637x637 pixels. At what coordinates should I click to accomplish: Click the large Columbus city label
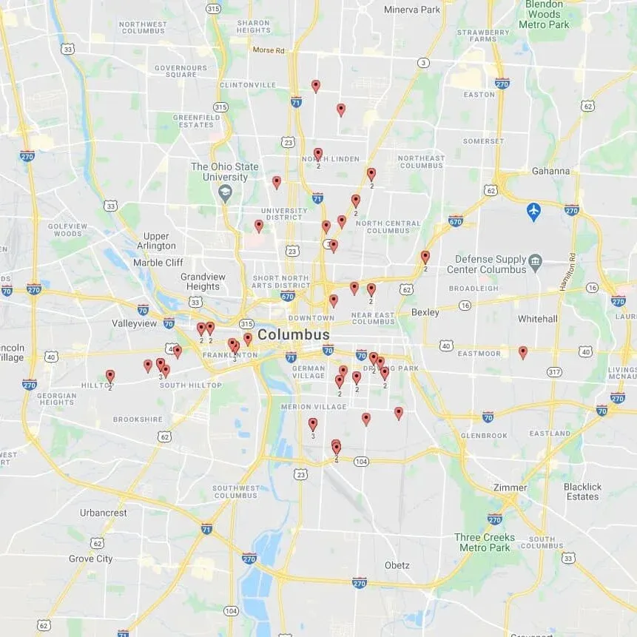(294, 335)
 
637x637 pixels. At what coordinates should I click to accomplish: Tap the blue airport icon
(533, 212)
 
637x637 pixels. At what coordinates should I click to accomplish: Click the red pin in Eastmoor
(523, 352)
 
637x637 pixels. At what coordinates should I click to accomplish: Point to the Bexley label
(425, 312)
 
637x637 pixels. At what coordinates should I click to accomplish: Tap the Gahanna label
(550, 171)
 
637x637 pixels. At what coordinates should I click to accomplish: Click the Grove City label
(91, 559)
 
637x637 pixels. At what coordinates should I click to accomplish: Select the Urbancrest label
(104, 513)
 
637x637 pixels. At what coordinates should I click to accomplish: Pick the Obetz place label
(397, 565)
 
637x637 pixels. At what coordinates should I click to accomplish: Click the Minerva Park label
(412, 10)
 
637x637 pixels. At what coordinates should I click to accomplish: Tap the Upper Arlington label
(156, 241)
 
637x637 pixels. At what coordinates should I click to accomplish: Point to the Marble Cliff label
(158, 263)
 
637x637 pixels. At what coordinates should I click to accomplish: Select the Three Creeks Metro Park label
(485, 542)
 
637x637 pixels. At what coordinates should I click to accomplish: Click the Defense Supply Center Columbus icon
(536, 260)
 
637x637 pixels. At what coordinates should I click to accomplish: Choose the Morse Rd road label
(268, 50)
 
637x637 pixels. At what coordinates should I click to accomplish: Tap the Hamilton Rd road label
(572, 271)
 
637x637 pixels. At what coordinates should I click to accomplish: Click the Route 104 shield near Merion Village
(361, 461)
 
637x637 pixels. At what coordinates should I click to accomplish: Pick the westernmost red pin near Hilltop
(110, 376)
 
